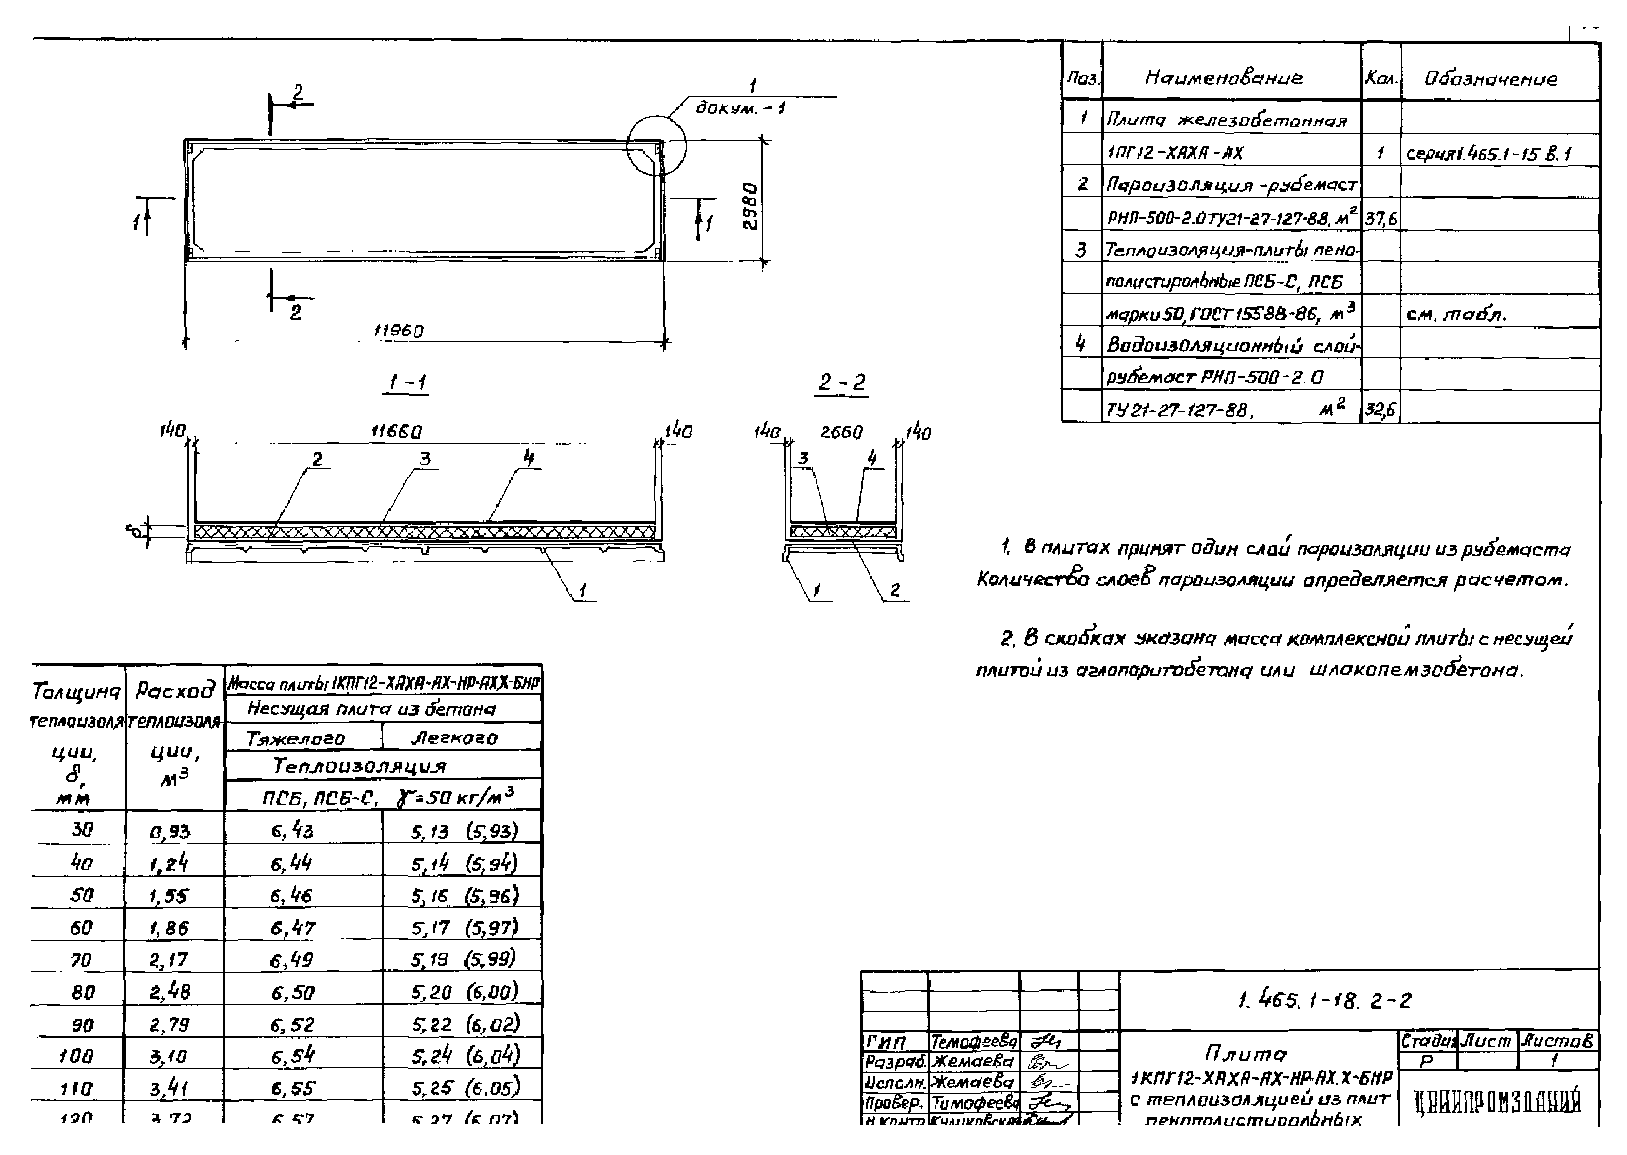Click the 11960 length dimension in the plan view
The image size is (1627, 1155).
399,332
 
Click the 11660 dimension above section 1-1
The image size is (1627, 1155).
397,432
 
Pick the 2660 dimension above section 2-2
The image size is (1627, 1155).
842,432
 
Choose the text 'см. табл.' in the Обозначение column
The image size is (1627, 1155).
1456,314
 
